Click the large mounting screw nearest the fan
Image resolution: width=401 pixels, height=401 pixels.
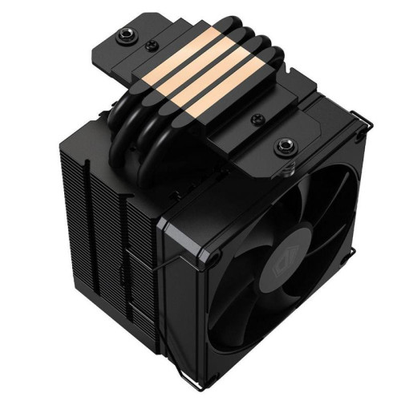pyautogui.click(x=282, y=147)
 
